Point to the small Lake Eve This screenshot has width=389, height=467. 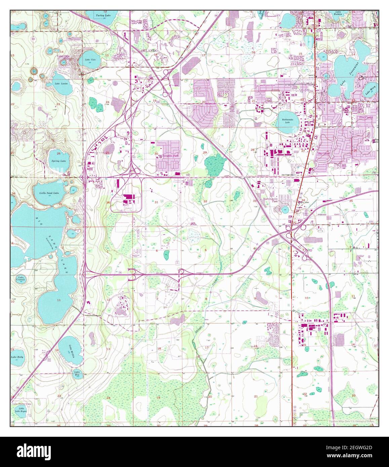click(77, 373)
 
